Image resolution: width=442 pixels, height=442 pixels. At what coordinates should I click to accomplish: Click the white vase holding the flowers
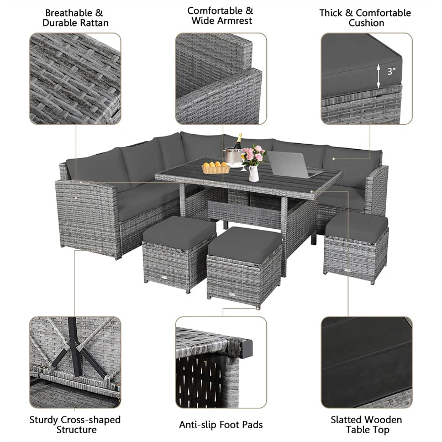click(254, 173)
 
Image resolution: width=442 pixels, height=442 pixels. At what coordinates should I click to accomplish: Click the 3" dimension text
click(392, 72)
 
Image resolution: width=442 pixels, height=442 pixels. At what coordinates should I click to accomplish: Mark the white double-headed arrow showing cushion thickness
click(378, 75)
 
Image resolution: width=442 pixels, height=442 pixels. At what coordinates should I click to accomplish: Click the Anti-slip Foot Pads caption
click(220, 424)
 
